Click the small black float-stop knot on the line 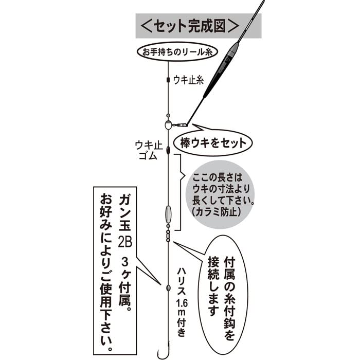point(168,80)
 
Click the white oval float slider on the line point(168,125)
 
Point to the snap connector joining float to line point(179,124)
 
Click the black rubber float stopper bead point(168,150)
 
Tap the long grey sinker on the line point(168,213)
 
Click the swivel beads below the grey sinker point(168,235)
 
